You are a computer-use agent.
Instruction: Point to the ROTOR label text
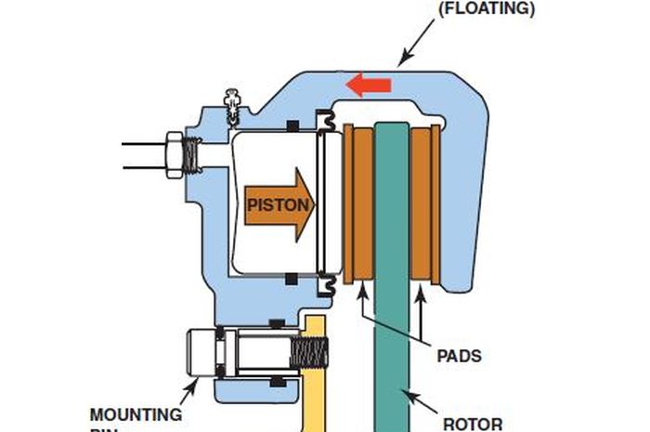tap(472, 424)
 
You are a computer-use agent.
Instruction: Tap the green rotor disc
tap(392, 232)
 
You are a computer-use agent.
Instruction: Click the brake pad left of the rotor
tap(358, 204)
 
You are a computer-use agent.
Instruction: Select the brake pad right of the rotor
tap(425, 204)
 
